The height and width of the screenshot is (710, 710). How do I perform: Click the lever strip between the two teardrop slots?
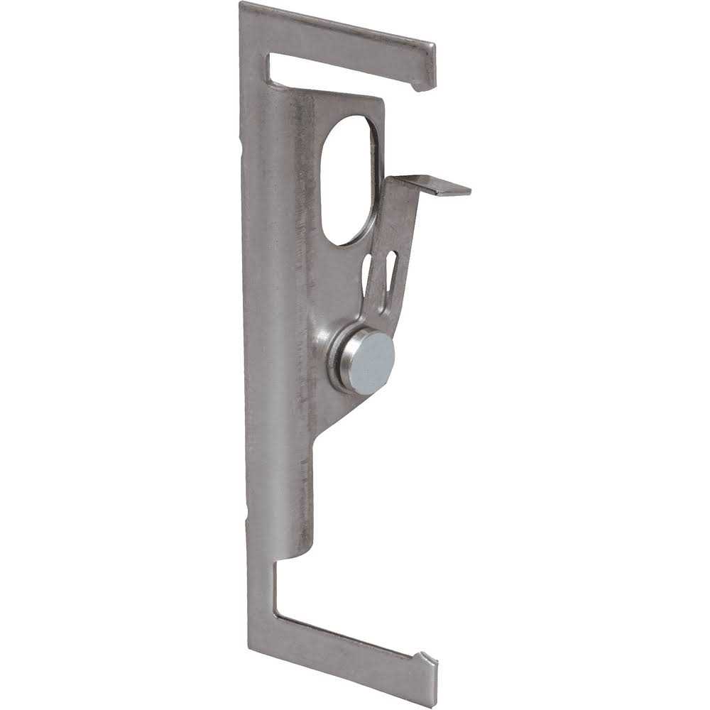[377, 273]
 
